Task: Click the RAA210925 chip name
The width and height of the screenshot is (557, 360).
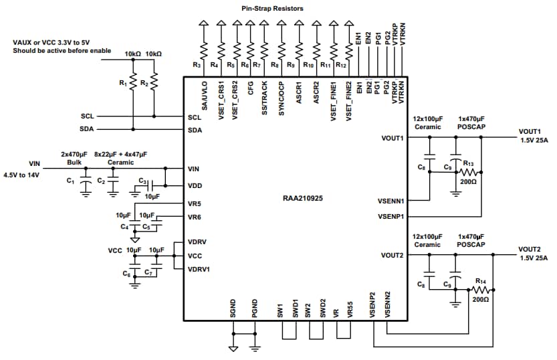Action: pyautogui.click(x=303, y=198)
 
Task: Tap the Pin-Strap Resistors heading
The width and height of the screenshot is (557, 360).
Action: pyautogui.click(x=272, y=9)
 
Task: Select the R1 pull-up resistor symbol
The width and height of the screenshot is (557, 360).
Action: pyautogui.click(x=133, y=82)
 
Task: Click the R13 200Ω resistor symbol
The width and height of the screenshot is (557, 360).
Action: pyautogui.click(x=469, y=173)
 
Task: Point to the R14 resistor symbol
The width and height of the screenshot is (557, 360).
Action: pyautogui.click(x=481, y=290)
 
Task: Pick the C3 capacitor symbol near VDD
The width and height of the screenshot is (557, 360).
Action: pyautogui.click(x=150, y=185)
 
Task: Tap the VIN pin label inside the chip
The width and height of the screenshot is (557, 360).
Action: pyautogui.click(x=194, y=169)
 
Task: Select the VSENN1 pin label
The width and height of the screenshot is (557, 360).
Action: pyautogui.click(x=391, y=201)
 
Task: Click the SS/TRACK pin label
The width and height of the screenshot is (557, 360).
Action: pyautogui.click(x=265, y=98)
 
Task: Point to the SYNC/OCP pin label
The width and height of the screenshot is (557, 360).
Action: pyautogui.click(x=282, y=99)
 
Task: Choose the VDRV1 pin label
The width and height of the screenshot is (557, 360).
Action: pyautogui.click(x=199, y=270)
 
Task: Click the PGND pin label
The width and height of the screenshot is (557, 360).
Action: pyautogui.click(x=254, y=308)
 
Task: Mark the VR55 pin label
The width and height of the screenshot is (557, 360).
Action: pyautogui.click(x=350, y=310)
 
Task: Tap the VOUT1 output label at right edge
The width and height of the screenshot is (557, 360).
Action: pyautogui.click(x=530, y=132)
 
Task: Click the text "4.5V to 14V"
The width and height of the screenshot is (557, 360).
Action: pyautogui.click(x=21, y=175)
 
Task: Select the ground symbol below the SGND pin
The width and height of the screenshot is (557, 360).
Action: pyautogui.click(x=233, y=349)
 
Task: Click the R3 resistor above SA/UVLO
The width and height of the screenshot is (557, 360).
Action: pyautogui.click(x=204, y=51)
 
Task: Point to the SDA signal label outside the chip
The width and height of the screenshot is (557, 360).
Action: pyautogui.click(x=87, y=129)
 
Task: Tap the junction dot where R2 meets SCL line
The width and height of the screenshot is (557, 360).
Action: pyautogui.click(x=154, y=116)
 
